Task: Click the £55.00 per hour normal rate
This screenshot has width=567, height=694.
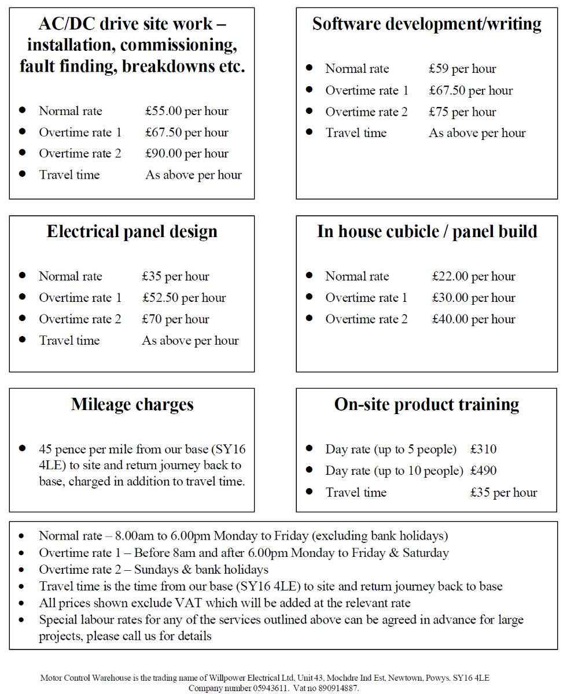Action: click(x=186, y=111)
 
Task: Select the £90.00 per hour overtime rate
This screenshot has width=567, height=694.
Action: click(x=186, y=154)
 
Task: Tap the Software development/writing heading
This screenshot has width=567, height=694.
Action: click(x=426, y=24)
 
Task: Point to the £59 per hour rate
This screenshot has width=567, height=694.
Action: click(x=462, y=69)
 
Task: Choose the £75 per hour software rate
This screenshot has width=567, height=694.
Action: click(x=462, y=112)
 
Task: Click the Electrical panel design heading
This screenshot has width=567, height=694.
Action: click(x=132, y=231)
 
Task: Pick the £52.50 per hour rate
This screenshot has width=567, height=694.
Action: click(x=184, y=298)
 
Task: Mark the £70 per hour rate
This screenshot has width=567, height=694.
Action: click(x=175, y=319)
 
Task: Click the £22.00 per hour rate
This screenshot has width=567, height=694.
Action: click(x=473, y=276)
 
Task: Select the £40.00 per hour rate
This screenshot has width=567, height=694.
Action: click(x=473, y=319)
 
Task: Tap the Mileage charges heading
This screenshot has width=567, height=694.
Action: click(x=132, y=404)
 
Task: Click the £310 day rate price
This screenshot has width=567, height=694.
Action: click(x=483, y=449)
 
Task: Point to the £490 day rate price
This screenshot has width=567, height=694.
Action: click(x=483, y=471)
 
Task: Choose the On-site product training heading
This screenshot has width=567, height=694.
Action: click(x=426, y=404)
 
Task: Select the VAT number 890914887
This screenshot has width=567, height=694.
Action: click(x=337, y=688)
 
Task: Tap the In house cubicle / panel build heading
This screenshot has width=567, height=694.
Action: click(x=426, y=231)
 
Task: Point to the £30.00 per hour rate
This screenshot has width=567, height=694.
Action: click(x=473, y=298)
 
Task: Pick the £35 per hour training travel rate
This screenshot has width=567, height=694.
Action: click(x=503, y=493)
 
